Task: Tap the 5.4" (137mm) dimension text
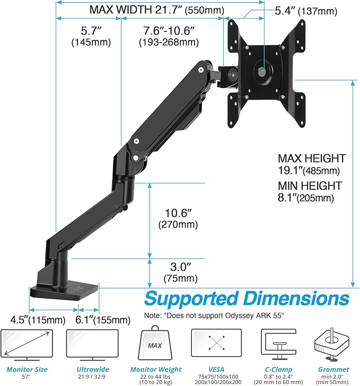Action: [307, 11]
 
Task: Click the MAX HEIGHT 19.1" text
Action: [311, 164]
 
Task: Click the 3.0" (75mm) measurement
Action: [177, 271]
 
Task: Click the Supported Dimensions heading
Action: [247, 298]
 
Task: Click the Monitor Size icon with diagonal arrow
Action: [27, 345]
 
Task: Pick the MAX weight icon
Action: [154, 346]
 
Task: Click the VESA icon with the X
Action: [216, 345]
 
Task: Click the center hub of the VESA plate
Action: [262, 69]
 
